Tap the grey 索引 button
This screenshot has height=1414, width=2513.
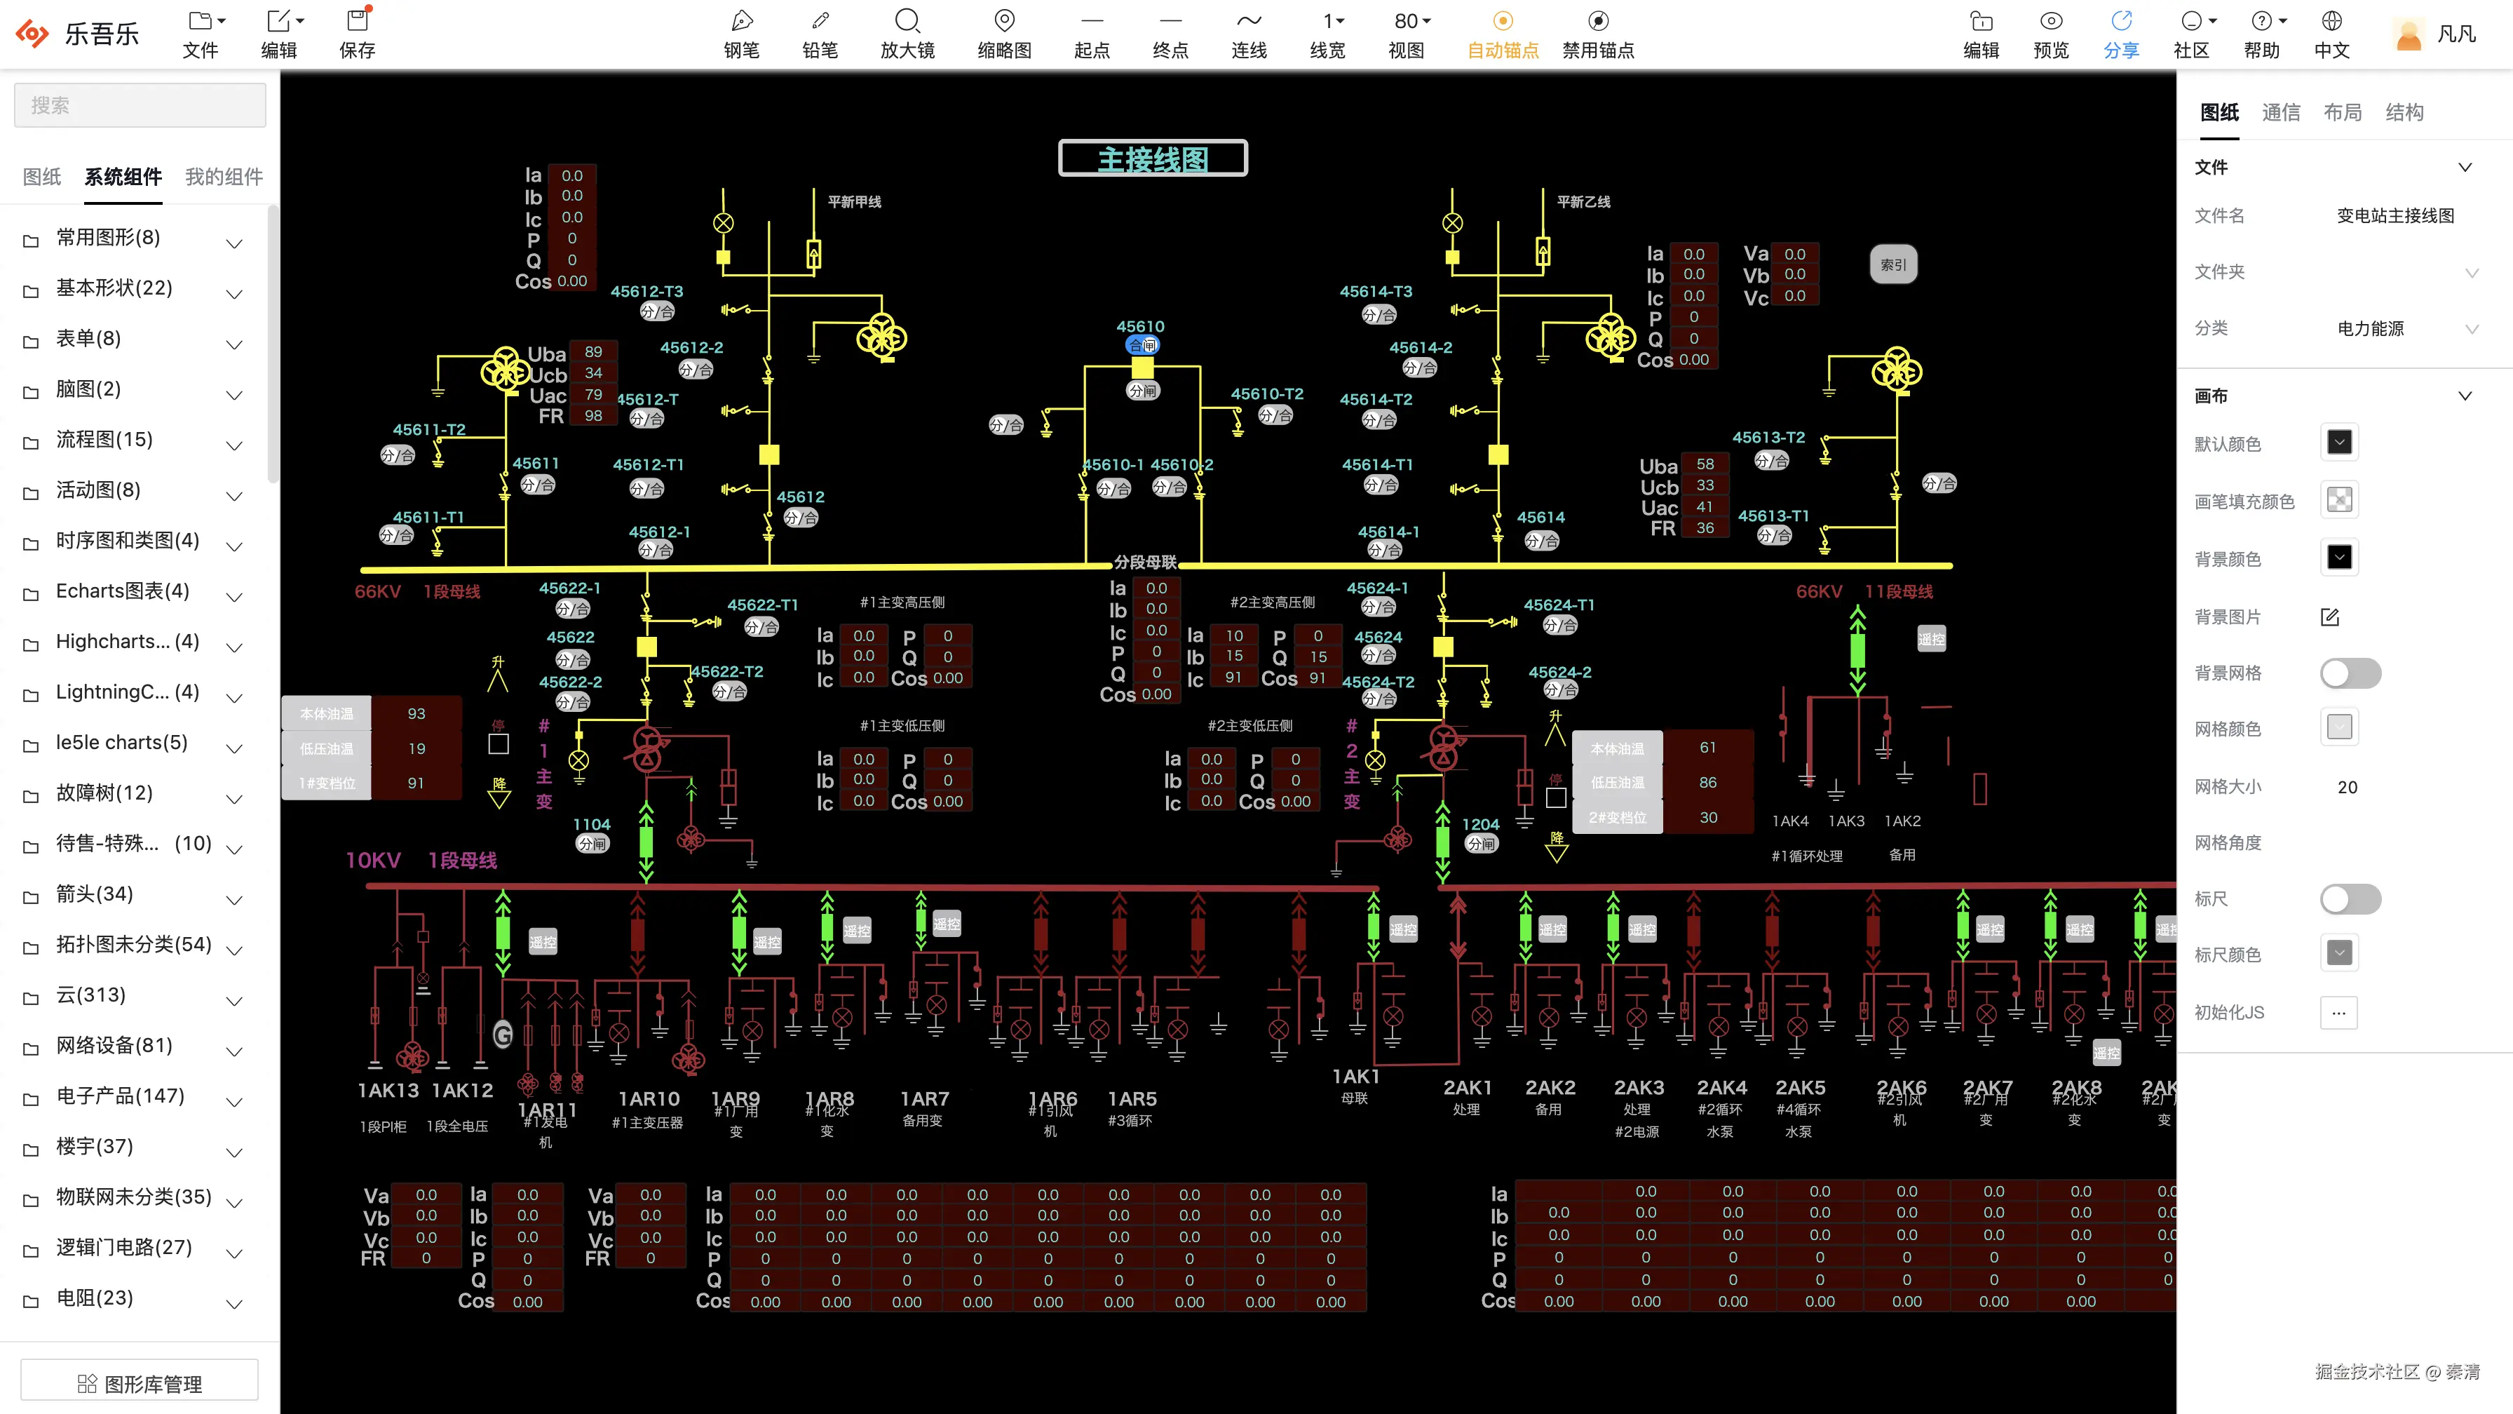pyautogui.click(x=1892, y=264)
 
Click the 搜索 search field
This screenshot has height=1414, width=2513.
pyautogui.click(x=140, y=105)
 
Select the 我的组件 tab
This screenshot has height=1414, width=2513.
pyautogui.click(x=224, y=177)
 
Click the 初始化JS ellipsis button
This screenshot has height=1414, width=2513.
pyautogui.click(x=2338, y=1012)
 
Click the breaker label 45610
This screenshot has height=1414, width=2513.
pyautogui.click(x=1139, y=326)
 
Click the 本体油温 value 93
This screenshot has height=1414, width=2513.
pyautogui.click(x=416, y=713)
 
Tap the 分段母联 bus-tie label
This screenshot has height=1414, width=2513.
pyautogui.click(x=1145, y=562)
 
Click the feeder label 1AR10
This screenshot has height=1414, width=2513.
pyautogui.click(x=648, y=1099)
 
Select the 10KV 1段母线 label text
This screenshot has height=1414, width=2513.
pyautogui.click(x=421, y=860)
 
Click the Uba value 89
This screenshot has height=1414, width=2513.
pyautogui.click(x=593, y=351)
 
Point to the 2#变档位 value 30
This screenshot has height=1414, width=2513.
pyautogui.click(x=1708, y=818)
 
